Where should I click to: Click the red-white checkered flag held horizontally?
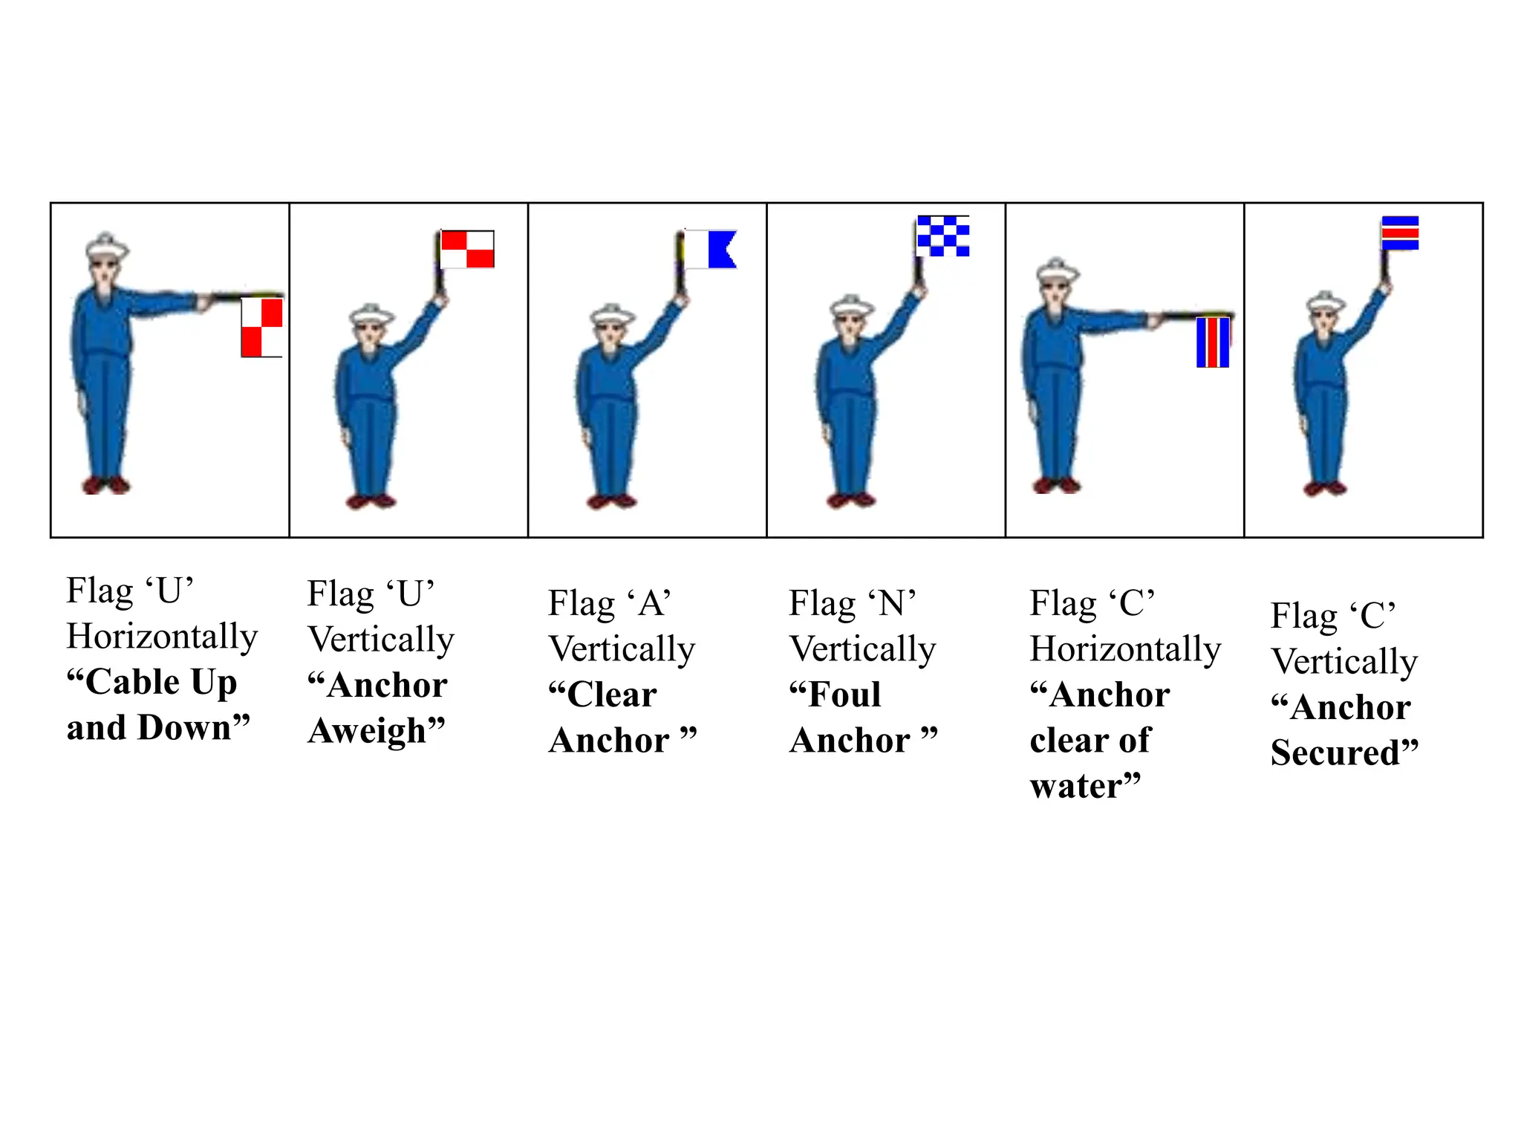(x=261, y=328)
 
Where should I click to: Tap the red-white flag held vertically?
(x=467, y=250)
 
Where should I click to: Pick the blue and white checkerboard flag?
(x=943, y=236)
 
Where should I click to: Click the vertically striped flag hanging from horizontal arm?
(x=1213, y=342)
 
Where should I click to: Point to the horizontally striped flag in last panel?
(x=1400, y=233)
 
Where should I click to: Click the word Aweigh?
(x=377, y=731)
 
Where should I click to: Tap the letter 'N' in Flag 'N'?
(x=891, y=603)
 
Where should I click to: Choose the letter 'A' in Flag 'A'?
(x=651, y=603)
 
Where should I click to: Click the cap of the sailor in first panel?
(x=105, y=246)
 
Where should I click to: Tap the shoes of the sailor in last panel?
(x=1326, y=489)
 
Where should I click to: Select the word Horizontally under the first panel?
(x=162, y=637)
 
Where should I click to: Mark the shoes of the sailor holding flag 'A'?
(x=611, y=501)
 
